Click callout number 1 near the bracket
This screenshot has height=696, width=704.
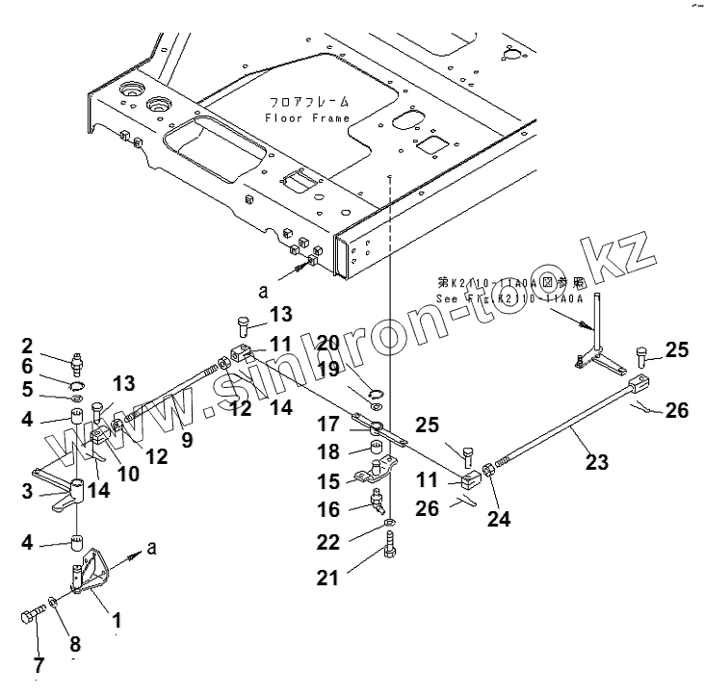(117, 622)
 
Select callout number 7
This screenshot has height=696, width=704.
(39, 664)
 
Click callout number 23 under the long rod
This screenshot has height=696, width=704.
(597, 462)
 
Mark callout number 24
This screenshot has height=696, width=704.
(498, 520)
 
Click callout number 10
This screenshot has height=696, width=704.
(129, 473)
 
